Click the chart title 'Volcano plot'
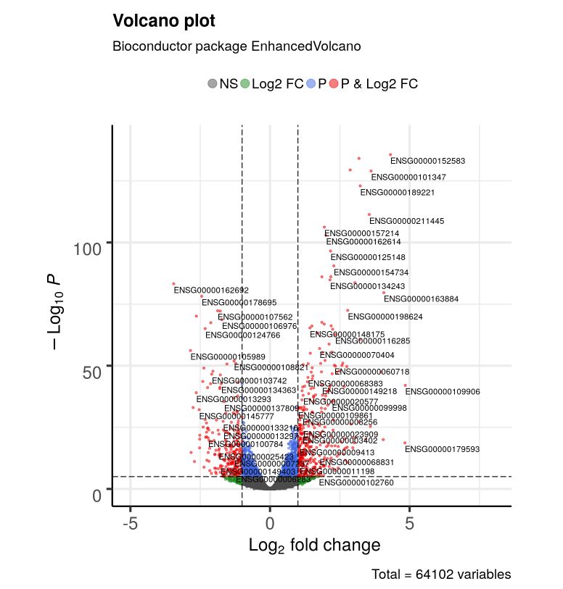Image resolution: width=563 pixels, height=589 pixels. pyautogui.click(x=163, y=22)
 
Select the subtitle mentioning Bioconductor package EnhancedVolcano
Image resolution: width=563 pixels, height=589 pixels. pyautogui.click(x=237, y=46)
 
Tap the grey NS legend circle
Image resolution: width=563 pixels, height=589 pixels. pyautogui.click(x=213, y=83)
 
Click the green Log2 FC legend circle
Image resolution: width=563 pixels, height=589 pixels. pyautogui.click(x=245, y=83)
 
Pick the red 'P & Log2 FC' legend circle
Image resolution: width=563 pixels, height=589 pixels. pyautogui.click(x=334, y=83)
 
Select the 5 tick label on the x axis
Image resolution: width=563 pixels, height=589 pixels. pyautogui.click(x=409, y=523)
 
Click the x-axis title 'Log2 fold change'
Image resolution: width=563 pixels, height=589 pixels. pyautogui.click(x=314, y=545)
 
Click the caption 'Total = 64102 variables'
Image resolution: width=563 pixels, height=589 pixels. pyautogui.click(x=441, y=575)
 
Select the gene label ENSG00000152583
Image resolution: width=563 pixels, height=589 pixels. pyautogui.click(x=427, y=161)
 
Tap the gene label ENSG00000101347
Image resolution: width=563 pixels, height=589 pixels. pyautogui.click(x=408, y=177)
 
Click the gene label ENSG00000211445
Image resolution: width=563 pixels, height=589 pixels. pyautogui.click(x=406, y=221)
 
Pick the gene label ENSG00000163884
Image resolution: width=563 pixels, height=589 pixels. pyautogui.click(x=421, y=298)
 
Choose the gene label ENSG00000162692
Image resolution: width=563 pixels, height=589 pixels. pyautogui.click(x=210, y=290)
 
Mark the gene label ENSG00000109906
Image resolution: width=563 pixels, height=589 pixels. pyautogui.click(x=443, y=392)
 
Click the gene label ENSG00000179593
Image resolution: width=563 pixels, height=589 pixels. pyautogui.click(x=443, y=449)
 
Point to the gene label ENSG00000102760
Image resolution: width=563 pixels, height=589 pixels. pyautogui.click(x=356, y=483)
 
